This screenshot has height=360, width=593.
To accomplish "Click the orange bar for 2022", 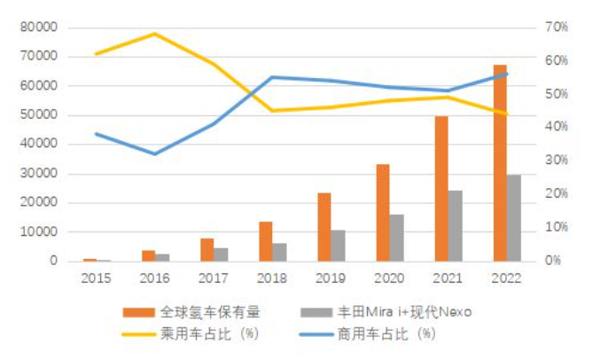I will point(500,163).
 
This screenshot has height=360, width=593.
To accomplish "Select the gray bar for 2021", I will point(455,226).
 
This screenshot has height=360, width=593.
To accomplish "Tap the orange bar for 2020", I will point(383,213).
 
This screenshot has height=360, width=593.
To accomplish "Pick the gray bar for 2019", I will point(339,246).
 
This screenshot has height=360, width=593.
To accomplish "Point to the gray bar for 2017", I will point(221,254).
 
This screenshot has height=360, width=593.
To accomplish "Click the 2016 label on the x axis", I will point(154,278).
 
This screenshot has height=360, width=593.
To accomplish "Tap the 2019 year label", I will point(331,278).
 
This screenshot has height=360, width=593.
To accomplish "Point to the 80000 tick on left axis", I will point(38,27).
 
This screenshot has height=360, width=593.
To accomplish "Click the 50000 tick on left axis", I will point(38,115).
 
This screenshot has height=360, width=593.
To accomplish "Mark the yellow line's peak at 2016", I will point(154,34).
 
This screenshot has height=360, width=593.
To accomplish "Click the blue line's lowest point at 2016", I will point(154,154).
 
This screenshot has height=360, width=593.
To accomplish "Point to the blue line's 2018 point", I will point(272,77).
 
